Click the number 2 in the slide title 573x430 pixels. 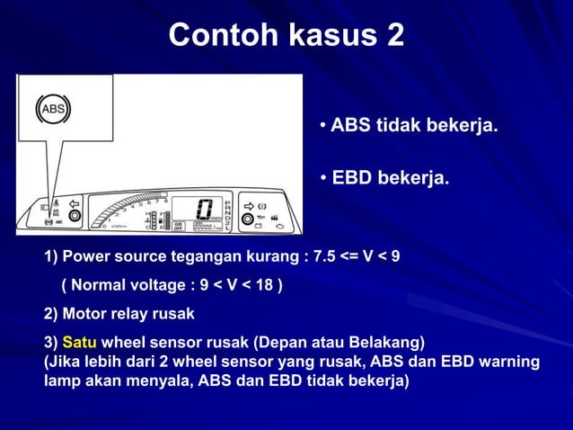coord(393,35)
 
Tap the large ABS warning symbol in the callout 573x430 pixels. coord(53,110)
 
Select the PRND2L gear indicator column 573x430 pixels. coord(228,211)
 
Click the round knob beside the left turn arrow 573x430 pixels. coord(75,217)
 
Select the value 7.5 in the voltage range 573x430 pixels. coord(321,257)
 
